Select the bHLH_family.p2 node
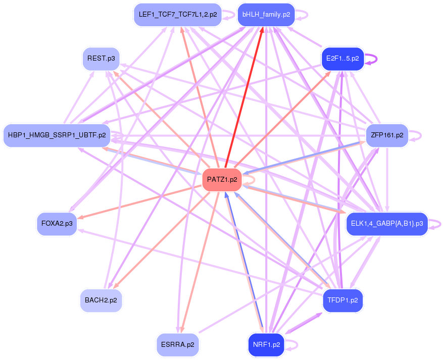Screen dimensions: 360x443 click(266, 15)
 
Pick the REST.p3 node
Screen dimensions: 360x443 click(101, 59)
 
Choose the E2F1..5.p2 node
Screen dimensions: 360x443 click(342, 59)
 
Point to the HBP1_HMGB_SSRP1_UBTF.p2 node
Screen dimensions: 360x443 click(57, 135)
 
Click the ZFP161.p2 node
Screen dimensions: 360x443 click(386, 135)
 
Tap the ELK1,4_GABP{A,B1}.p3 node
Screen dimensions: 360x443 click(386, 223)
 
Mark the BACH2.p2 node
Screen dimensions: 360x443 click(101, 300)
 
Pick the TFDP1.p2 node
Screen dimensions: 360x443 click(342, 301)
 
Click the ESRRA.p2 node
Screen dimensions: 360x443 click(177, 345)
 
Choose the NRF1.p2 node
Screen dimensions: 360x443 click(266, 345)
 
